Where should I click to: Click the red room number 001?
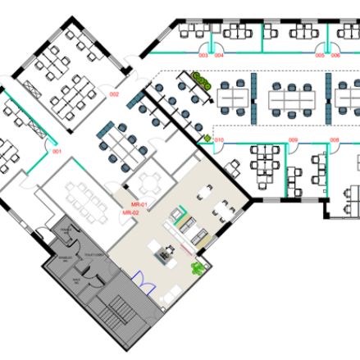tap(57, 152)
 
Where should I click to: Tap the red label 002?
tap(115, 94)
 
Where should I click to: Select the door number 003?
tap(203, 55)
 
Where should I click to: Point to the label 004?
tap(219, 55)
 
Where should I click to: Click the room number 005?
tap(320, 55)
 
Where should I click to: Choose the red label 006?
tap(335, 55)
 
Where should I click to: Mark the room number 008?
tap(335, 140)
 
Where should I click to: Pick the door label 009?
tap(293, 140)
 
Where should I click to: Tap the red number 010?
tap(219, 140)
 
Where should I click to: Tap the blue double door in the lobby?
tap(145, 283)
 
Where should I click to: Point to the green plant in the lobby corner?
tap(197, 268)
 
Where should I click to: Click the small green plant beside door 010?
tap(206, 139)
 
